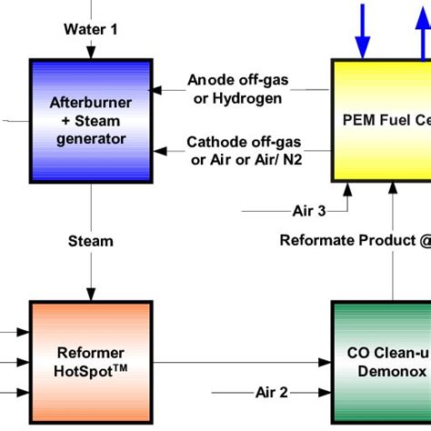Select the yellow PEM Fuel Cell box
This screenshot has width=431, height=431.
pyautogui.click(x=381, y=119)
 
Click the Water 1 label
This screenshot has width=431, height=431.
pyautogui.click(x=90, y=28)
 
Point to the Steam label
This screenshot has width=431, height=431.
pyautogui.click(x=90, y=241)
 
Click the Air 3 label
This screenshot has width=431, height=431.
pyautogui.click(x=309, y=211)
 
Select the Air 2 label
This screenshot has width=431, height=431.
pyautogui.click(x=271, y=392)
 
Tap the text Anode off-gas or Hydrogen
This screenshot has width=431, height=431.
pyautogui.click(x=237, y=89)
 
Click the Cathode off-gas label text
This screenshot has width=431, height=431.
pyautogui.click(x=237, y=142)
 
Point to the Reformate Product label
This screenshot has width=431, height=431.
pyautogui.click(x=349, y=241)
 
